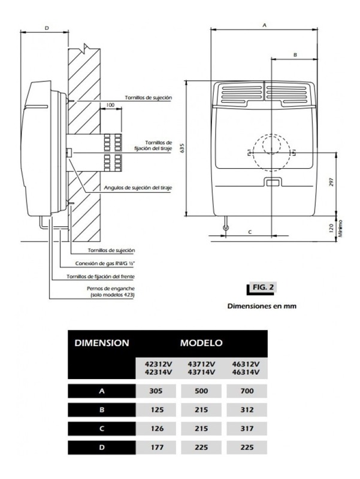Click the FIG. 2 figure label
coord(263,287)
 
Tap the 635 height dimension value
coord(183,148)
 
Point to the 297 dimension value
coord(332,182)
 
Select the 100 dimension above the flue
coord(110,105)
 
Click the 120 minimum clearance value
coord(331,228)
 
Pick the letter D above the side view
coord(47,28)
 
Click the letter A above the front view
coord(265,25)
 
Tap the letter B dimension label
coord(295,55)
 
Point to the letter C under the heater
coord(250,232)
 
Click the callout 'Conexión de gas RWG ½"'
coord(105,263)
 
